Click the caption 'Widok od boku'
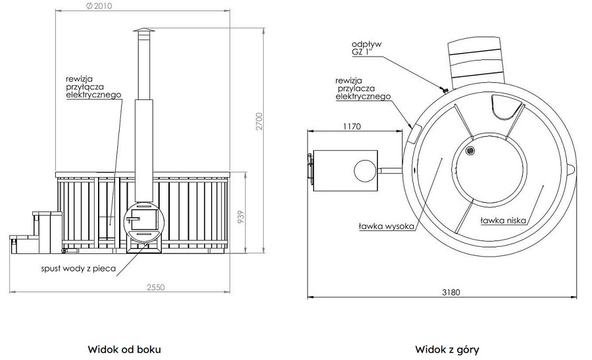click(x=124, y=349)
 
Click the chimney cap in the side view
click(x=143, y=32)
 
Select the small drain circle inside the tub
click(x=470, y=151)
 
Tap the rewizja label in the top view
click(x=363, y=88)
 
